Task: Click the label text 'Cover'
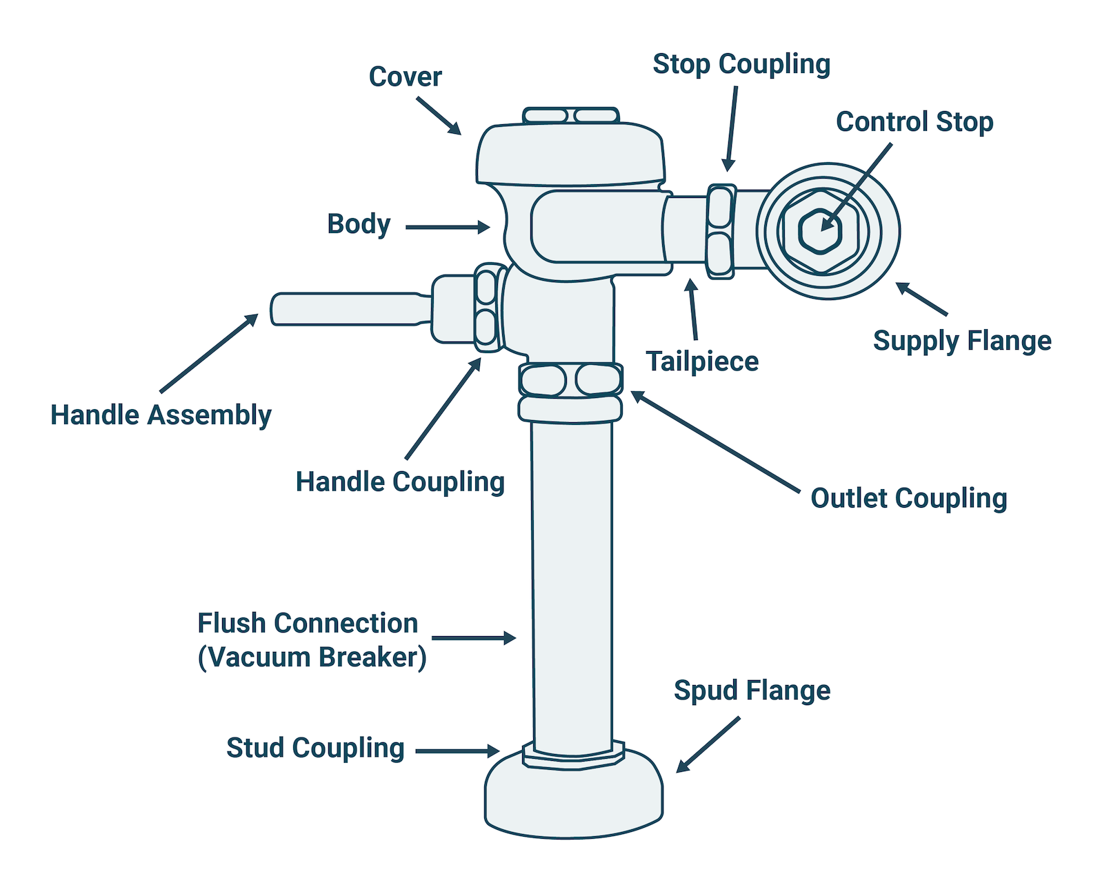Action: (x=405, y=77)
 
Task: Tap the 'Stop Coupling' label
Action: (x=741, y=64)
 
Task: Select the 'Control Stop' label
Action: (x=915, y=122)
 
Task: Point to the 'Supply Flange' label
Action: (x=962, y=341)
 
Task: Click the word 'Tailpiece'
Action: (x=702, y=361)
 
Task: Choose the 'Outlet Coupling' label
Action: (x=908, y=498)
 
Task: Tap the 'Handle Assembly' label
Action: (x=161, y=415)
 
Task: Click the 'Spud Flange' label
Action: (x=752, y=691)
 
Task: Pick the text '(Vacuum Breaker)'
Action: (x=312, y=657)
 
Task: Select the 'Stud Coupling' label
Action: (x=315, y=748)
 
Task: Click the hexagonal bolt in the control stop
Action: (x=821, y=231)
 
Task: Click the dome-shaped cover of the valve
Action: (x=570, y=154)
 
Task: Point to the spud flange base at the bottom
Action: (x=573, y=800)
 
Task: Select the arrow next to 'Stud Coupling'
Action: (x=457, y=751)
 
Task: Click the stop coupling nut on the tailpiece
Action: (x=720, y=231)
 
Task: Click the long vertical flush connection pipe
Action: (x=572, y=586)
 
